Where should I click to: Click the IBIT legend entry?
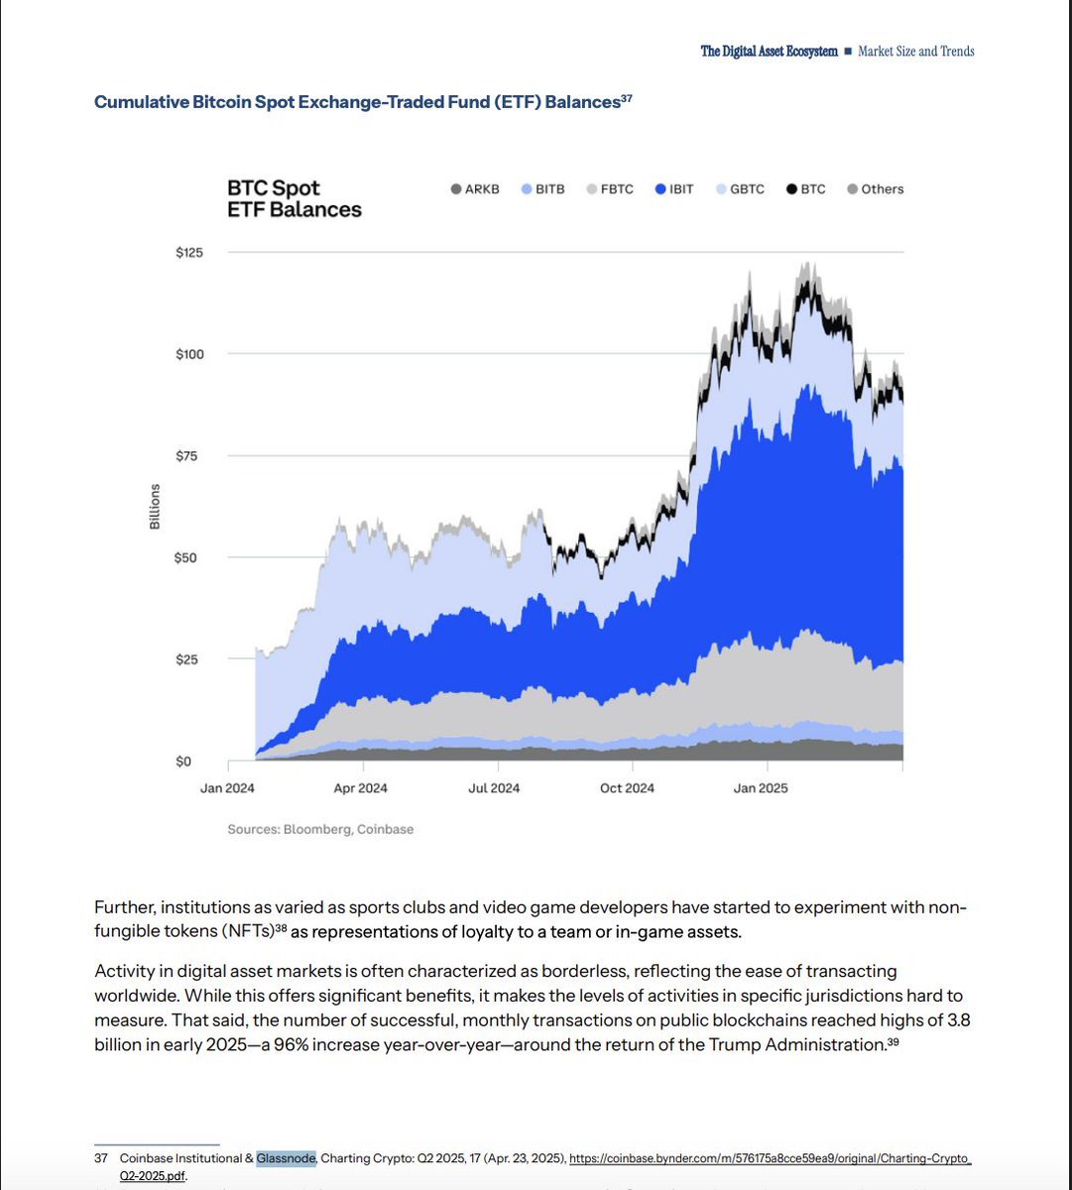674,189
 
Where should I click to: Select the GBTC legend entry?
740,189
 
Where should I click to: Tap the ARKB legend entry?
475,189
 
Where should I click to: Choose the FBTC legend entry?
609,189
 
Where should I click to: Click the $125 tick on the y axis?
188,253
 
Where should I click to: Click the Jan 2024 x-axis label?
228,788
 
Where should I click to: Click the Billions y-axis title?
155,507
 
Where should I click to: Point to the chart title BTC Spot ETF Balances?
294,198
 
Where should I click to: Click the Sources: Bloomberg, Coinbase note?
320,829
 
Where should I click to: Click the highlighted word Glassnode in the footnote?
286,1158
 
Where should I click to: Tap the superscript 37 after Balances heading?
627,98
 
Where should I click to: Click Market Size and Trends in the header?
915,52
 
